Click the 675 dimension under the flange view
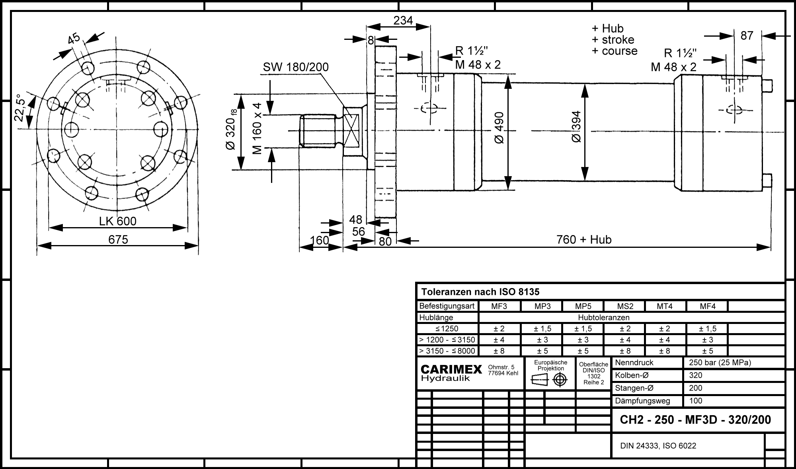click(x=118, y=239)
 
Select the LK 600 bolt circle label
click(x=118, y=221)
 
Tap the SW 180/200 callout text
click(x=296, y=67)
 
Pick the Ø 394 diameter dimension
click(x=576, y=127)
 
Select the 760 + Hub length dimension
click(x=584, y=239)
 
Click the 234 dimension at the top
click(x=403, y=20)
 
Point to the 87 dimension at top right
click(x=747, y=36)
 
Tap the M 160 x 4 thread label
click(x=257, y=129)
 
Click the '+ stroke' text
click(x=613, y=40)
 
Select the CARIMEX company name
click(x=451, y=370)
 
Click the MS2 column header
click(x=625, y=306)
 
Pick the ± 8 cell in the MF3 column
click(x=499, y=351)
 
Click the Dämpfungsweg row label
click(x=642, y=401)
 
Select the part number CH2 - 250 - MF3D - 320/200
click(x=696, y=420)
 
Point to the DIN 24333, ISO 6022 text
click(x=658, y=446)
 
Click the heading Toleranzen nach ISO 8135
click(x=480, y=292)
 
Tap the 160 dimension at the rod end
click(x=320, y=240)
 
